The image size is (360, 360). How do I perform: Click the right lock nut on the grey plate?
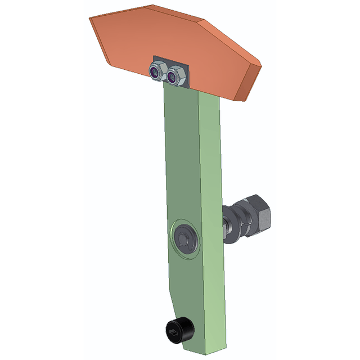[x=176, y=75]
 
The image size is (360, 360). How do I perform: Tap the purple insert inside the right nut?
[x=175, y=75]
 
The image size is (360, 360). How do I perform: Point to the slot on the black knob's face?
[x=173, y=334]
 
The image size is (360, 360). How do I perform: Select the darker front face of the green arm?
[x=180, y=169]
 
